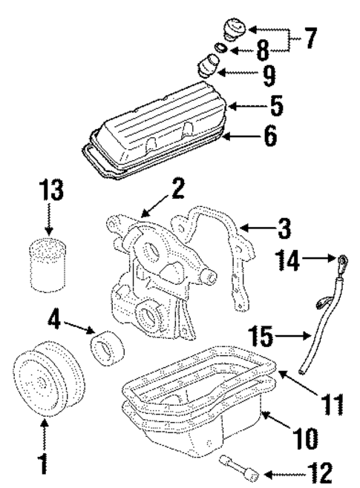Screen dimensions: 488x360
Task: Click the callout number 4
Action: pos(54,320)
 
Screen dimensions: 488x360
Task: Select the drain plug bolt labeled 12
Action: pos(239,466)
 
